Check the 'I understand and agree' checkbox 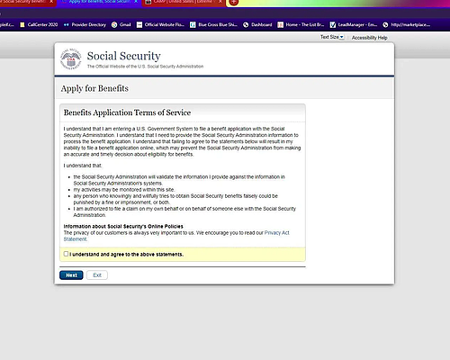point(67,255)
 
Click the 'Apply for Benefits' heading point(94,88)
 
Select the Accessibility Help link point(369,38)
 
